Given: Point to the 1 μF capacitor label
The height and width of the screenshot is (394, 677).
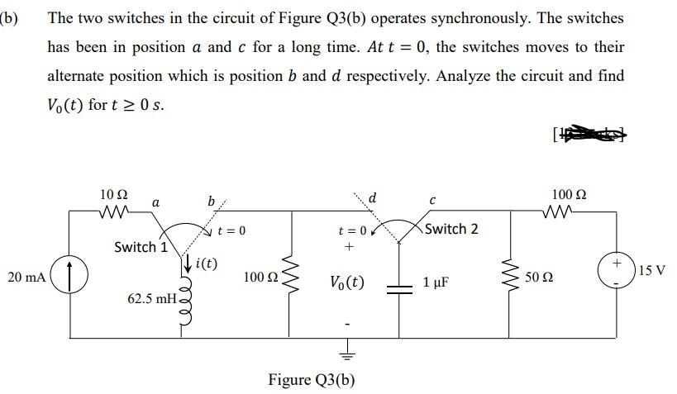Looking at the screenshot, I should point(436,282).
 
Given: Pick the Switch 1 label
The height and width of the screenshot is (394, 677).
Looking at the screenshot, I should point(141,247).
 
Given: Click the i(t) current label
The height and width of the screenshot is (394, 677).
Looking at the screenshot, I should point(203,264).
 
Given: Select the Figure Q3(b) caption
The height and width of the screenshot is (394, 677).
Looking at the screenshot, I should point(312,380).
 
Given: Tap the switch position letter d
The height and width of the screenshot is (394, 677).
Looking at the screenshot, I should point(374,198).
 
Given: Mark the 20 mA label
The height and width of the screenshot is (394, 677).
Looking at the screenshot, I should point(25,278).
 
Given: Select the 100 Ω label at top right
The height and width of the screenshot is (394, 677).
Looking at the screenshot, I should point(568,195).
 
